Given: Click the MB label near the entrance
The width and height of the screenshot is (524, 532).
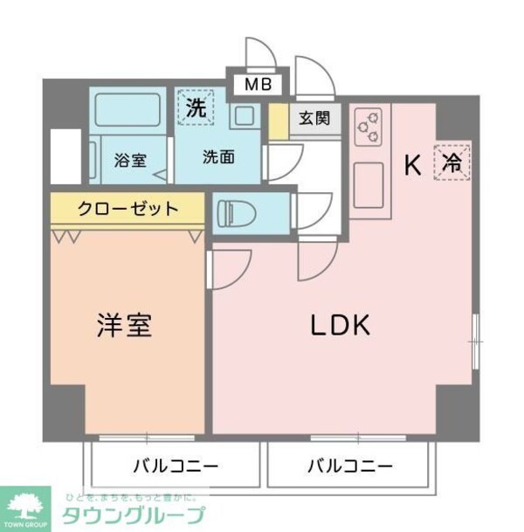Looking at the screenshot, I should click(258, 85).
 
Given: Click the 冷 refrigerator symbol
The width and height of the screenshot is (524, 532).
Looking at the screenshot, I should click(452, 162).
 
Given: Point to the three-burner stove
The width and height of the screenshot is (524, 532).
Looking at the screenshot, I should click(369, 127).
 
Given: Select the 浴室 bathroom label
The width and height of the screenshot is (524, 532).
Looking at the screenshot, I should click(130, 160).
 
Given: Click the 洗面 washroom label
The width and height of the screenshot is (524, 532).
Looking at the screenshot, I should click(218, 157).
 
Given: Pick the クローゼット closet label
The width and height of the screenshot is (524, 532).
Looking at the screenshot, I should click(128, 209).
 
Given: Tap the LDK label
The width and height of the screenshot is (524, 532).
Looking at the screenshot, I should click(341, 325).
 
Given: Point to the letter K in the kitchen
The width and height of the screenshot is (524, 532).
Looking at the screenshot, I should click(414, 163).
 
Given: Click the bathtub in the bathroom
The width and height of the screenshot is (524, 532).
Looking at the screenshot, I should click(129, 111).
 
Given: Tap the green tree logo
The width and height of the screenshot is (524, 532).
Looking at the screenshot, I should click(30, 501).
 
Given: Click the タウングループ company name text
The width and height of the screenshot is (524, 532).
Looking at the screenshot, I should click(135, 513).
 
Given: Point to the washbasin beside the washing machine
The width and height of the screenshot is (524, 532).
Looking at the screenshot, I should click(244, 115).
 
